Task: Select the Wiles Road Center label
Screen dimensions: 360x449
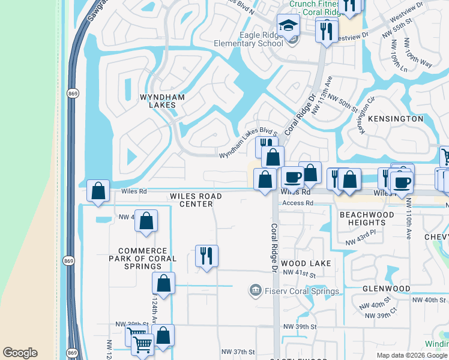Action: (x=196, y=200)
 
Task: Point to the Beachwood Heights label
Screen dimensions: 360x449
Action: (x=367, y=218)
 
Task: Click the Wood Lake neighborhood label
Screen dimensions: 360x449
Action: (x=306, y=263)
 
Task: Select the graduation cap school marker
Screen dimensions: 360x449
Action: (x=288, y=26)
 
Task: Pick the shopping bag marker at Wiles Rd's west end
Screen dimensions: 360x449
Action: (x=98, y=191)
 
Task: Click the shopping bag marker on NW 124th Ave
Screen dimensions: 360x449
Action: (x=163, y=283)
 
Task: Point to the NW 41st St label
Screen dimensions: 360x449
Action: (x=299, y=272)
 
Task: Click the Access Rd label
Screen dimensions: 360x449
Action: (x=298, y=203)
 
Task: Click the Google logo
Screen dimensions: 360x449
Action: (x=20, y=353)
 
